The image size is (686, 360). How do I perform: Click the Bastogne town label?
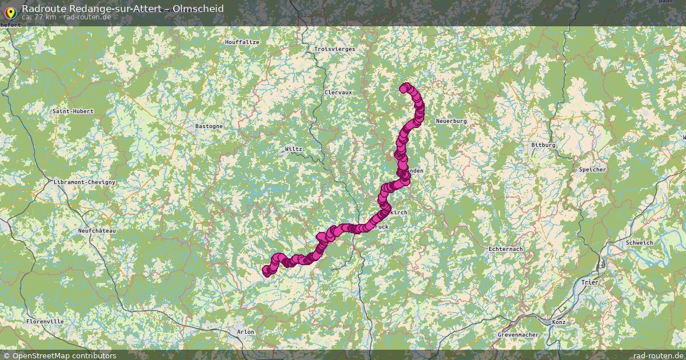[209, 126]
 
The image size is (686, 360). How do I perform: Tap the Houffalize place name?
[242, 42]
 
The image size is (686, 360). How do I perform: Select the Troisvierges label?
[334, 49]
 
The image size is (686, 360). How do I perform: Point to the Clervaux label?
[338, 92]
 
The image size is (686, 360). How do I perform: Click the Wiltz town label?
[293, 149]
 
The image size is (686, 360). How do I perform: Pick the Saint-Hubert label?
[73, 111]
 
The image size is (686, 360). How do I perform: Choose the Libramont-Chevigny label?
[84, 182]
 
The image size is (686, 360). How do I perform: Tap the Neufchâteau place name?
[97, 230]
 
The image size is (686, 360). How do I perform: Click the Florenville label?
[45, 322]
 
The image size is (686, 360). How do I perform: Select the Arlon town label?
[245, 331]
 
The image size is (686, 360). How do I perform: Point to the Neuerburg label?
[451, 121]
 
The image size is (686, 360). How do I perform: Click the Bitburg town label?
[543, 145]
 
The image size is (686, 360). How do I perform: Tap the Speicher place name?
[592, 170]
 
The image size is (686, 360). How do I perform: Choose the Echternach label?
[506, 249]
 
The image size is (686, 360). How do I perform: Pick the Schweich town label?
[639, 243]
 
